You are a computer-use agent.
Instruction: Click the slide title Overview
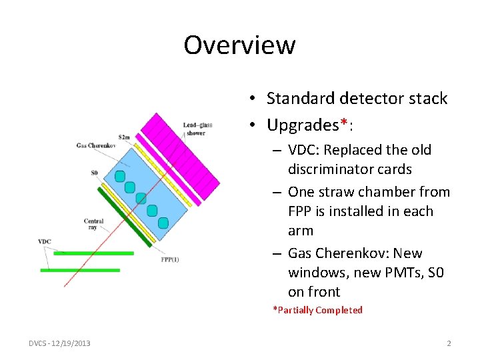click(x=239, y=45)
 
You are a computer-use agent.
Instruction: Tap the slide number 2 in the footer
click(x=449, y=343)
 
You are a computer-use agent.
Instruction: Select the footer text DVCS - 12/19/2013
click(x=60, y=343)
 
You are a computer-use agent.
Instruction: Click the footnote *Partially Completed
click(x=317, y=310)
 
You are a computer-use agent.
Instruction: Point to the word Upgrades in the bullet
click(x=303, y=125)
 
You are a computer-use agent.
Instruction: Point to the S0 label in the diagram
click(x=95, y=173)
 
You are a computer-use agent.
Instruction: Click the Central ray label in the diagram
click(x=93, y=224)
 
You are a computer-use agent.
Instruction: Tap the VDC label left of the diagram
click(x=45, y=241)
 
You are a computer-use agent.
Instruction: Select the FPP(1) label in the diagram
click(x=169, y=259)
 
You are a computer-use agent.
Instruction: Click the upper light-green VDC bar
click(x=94, y=253)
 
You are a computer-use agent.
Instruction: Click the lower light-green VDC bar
click(x=80, y=270)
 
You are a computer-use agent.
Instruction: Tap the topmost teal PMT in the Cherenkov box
click(x=119, y=176)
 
